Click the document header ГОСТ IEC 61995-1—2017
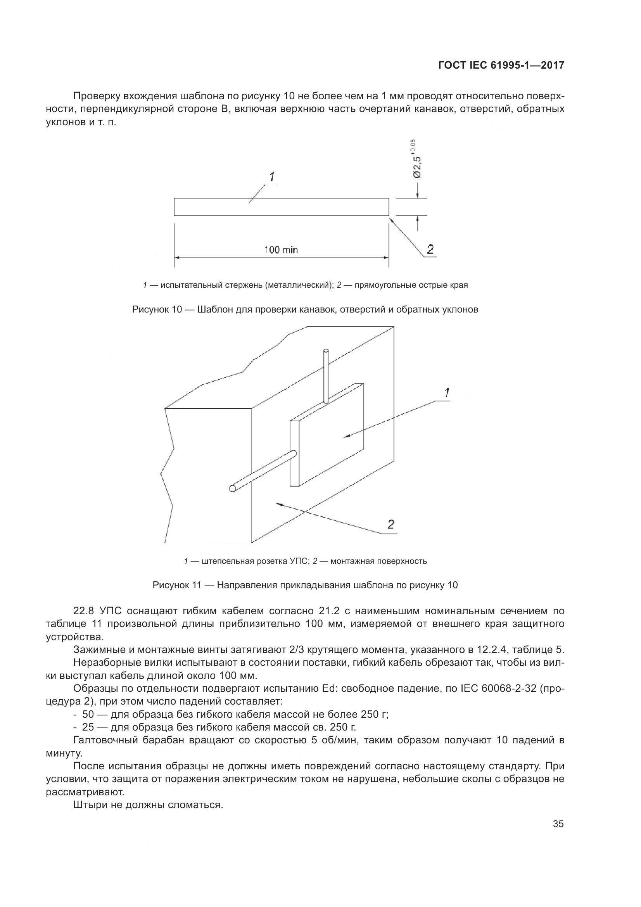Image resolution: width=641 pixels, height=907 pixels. pos(501,66)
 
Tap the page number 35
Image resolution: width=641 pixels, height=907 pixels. pos(558,824)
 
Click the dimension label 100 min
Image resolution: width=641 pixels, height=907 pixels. pos(281,250)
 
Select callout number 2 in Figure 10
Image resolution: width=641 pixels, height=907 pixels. pos(430,249)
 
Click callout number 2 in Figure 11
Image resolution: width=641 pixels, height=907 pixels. pos(390,524)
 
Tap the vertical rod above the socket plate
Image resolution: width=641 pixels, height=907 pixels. pos(325,375)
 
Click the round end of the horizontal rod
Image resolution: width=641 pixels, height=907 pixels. pos(232,488)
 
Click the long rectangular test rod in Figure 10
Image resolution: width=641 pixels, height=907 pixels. pos(281,207)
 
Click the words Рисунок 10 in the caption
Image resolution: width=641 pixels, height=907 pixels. pos(156,309)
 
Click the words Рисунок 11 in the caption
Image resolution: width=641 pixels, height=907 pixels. pos(177,585)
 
